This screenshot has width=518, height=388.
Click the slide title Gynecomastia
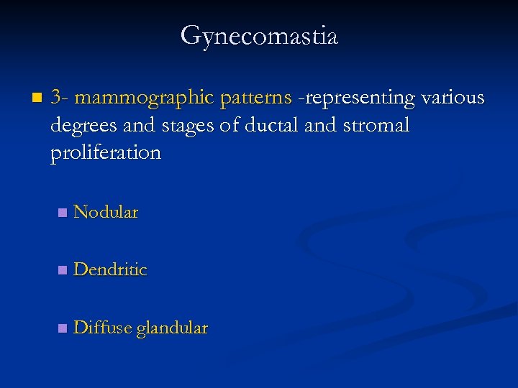pos(259,35)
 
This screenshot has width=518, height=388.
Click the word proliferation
pos(106,153)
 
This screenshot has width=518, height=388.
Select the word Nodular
pos(106,213)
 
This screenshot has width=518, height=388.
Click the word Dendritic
pos(110,270)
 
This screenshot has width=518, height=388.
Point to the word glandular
pos(172,328)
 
